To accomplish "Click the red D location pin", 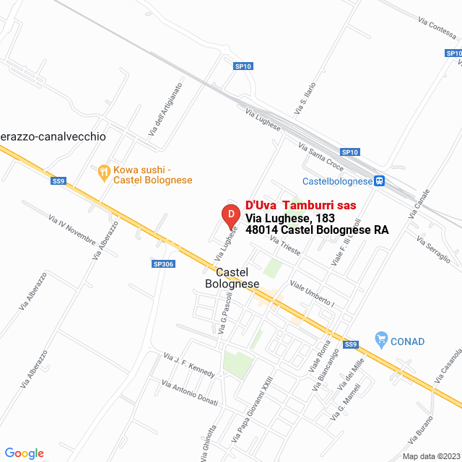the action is tap(230, 215).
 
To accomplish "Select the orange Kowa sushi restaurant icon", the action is tap(104, 171).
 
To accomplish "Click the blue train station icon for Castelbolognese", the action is tap(380, 181).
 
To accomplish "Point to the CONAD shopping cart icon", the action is tap(381, 339).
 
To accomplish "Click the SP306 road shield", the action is tap(163, 264).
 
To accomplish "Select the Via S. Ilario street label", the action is tap(302, 99).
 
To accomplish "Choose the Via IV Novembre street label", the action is tap(71, 228).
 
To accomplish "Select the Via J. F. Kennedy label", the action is tap(189, 365).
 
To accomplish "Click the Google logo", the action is tap(24, 453).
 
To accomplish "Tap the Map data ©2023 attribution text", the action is tap(431, 456).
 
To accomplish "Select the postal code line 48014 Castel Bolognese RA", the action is tap(317, 230).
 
